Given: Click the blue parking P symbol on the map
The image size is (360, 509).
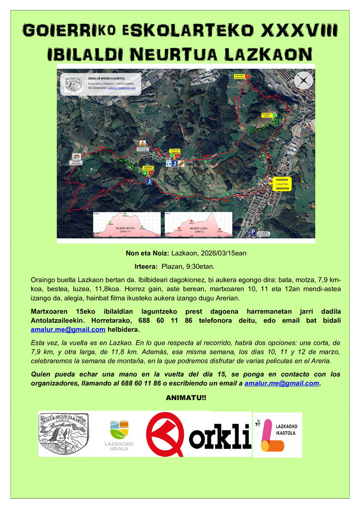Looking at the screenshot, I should (253, 233).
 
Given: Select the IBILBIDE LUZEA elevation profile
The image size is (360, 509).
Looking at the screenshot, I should (197, 224).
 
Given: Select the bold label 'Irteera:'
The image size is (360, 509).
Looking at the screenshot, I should (146, 266).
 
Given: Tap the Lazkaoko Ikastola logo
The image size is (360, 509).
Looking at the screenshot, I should (278, 434).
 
